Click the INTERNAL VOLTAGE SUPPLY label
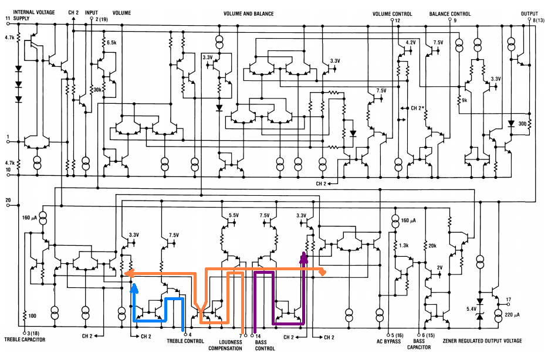pos(34,15)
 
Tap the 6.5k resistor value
pos(111,43)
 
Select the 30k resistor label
pos(97,90)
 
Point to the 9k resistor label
pos(465,100)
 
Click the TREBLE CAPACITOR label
pos(25,339)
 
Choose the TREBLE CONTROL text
pos(185,341)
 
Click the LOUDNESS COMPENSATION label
pos(225,345)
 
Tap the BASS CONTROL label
pos(265,345)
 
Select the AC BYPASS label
pos(388,341)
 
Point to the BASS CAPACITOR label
pos(419,344)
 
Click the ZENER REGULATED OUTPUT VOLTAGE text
pos(482,341)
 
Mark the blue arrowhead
pos(134,287)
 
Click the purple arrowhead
pos(304,257)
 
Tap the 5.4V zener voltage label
pos(472,309)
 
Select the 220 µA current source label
pos(512,315)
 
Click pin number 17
pos(509,300)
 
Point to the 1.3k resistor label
pos(404,246)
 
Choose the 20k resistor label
pos(432,246)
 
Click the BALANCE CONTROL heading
pos(450,14)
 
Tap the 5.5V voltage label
pos(234,215)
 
